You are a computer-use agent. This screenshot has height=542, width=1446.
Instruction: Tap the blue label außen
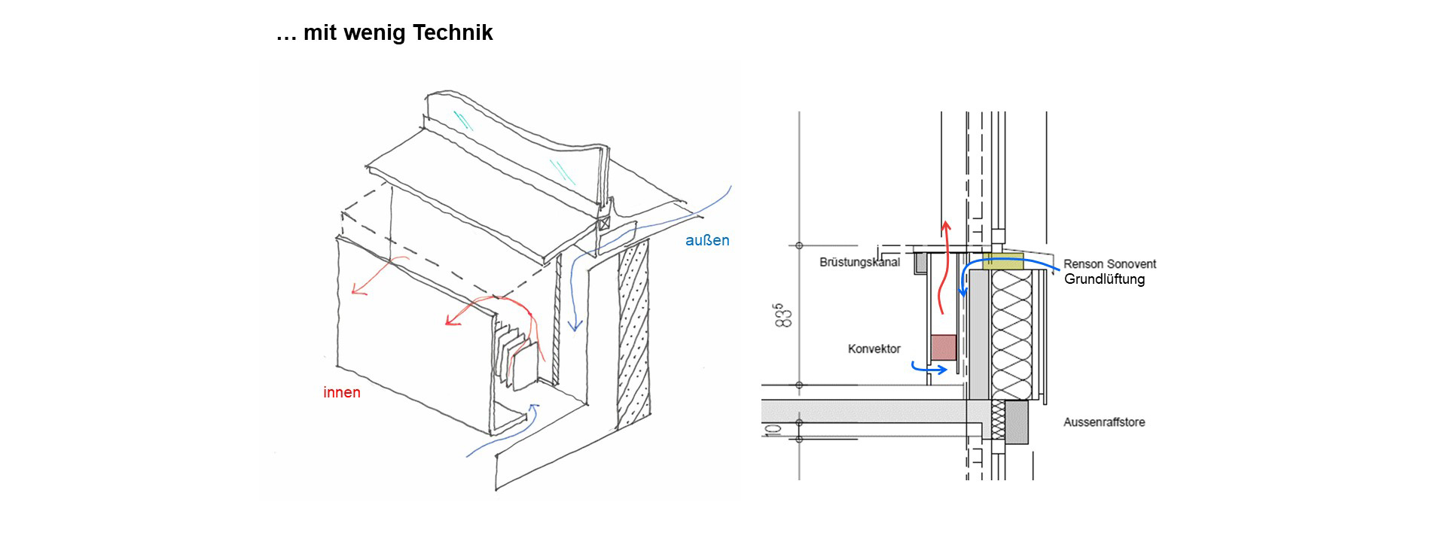point(707,241)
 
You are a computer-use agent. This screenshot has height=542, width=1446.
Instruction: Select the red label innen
point(342,392)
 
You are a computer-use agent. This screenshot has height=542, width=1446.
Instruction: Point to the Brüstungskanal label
point(859,263)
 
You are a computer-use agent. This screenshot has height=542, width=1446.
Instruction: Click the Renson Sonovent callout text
point(1109,264)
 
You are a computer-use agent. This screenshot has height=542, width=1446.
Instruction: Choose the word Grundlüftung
point(1104,279)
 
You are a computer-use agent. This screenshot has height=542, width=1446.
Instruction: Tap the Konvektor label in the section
point(874,349)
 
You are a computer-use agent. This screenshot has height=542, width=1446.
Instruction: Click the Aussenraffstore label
point(1104,422)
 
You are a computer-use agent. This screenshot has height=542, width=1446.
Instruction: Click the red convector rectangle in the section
point(944,348)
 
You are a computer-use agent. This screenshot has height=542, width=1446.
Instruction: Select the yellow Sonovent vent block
point(1003,262)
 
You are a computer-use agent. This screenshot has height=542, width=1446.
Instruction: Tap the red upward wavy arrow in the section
point(943,271)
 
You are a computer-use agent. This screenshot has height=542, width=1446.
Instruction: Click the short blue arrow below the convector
point(929,369)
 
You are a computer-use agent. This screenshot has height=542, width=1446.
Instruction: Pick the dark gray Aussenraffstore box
point(1017,422)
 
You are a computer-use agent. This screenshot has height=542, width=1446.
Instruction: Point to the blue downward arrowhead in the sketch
point(575,325)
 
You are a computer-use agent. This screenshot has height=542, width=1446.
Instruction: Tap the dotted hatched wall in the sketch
point(633,339)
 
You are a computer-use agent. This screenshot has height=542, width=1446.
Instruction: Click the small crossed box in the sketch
point(604,224)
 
